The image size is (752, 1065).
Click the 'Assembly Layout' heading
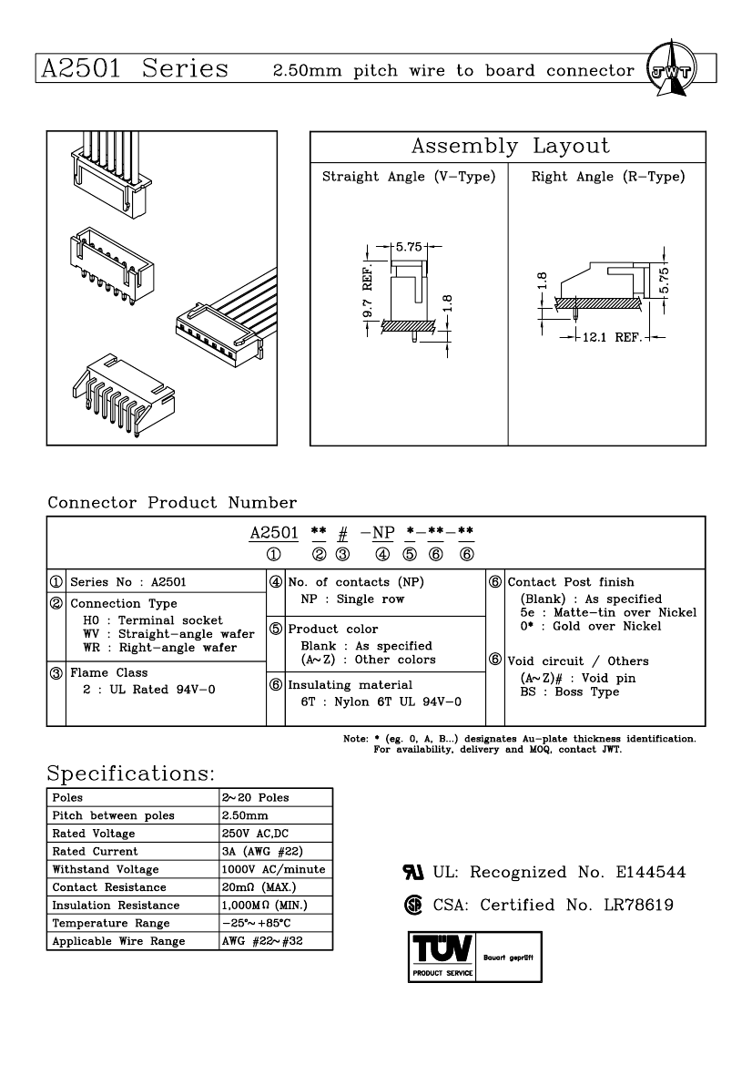point(510,147)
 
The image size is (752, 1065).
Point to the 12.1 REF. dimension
point(612,337)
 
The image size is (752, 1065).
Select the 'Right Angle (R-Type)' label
point(607,177)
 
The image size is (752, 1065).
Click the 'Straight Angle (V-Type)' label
point(409,177)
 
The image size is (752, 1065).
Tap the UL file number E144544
point(650,873)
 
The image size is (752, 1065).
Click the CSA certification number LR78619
point(644,906)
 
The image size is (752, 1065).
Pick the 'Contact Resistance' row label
point(109,887)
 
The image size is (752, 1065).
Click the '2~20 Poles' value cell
point(255,797)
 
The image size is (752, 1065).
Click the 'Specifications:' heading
point(130,773)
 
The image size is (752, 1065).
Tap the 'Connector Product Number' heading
point(172,503)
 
